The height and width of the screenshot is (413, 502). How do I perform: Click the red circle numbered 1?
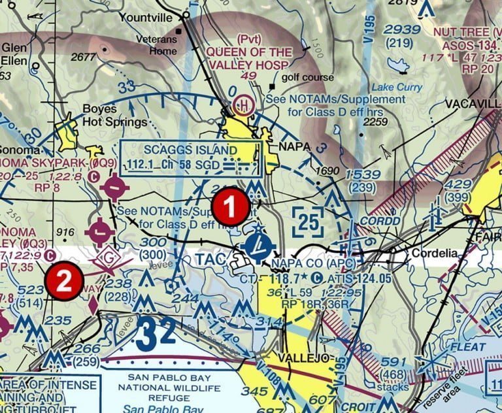coord(229,207)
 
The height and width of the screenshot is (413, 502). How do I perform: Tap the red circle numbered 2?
coord(64,281)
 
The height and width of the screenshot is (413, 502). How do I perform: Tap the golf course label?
coord(308,77)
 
